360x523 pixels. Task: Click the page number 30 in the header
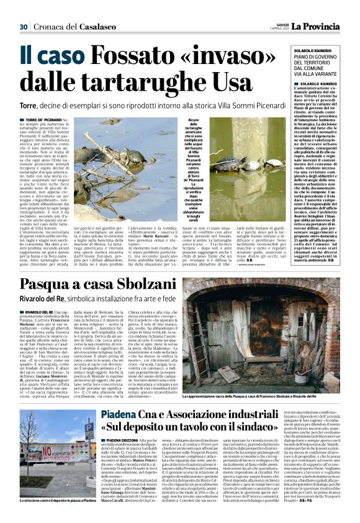[24, 26]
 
